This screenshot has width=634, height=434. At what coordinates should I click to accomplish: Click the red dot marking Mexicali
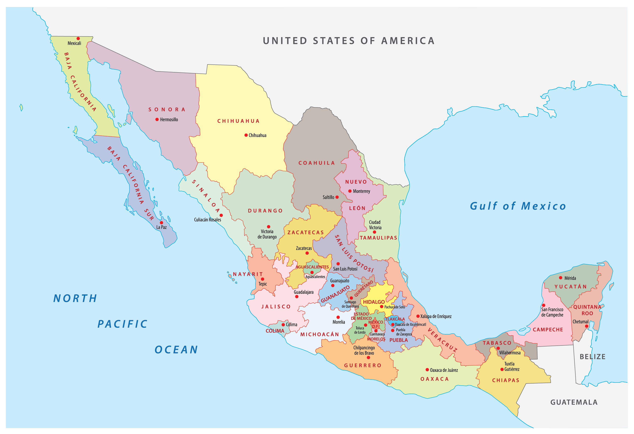click(78, 38)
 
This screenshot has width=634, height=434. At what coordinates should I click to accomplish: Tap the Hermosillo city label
click(169, 119)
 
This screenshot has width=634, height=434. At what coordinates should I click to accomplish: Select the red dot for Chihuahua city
click(246, 135)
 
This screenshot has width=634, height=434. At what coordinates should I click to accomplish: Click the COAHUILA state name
click(316, 163)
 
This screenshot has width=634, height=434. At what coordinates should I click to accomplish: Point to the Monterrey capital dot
click(350, 191)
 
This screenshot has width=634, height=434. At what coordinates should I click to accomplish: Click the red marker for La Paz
click(161, 222)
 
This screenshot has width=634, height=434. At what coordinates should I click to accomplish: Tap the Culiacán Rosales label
click(207, 220)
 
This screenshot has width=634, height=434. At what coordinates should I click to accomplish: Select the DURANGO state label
click(265, 211)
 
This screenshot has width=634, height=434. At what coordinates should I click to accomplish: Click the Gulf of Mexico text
click(518, 206)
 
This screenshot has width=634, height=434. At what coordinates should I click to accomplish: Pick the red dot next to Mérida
click(560, 278)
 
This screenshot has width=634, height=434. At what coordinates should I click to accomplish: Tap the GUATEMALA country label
click(574, 402)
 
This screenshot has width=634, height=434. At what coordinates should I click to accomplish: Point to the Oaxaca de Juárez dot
click(427, 370)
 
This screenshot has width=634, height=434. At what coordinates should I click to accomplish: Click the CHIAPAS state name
click(506, 380)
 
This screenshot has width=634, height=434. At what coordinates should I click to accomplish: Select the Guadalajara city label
click(303, 292)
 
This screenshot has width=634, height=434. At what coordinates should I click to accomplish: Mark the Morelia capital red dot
click(338, 317)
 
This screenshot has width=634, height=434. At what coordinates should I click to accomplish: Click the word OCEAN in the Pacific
click(176, 350)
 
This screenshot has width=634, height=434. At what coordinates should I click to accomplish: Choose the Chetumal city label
click(580, 322)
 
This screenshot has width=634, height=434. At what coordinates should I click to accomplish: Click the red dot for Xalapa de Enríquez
click(418, 316)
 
